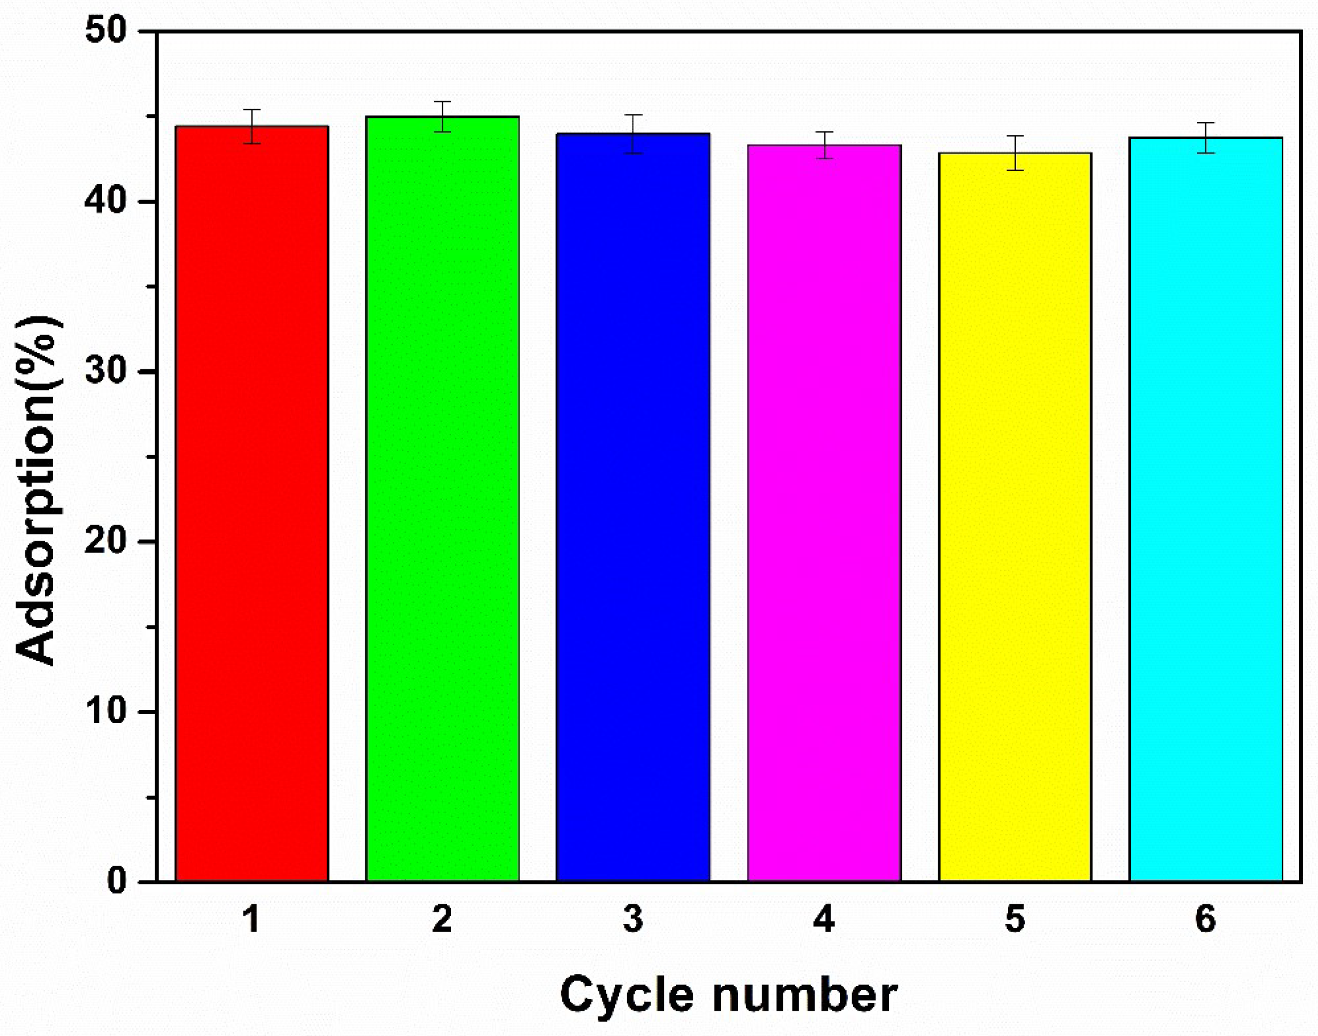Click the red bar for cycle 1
tap(252, 503)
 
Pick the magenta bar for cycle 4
tap(824, 513)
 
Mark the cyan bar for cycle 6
tap(1205, 510)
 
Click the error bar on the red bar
tap(252, 126)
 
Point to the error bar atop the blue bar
tap(633, 133)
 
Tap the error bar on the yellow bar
tap(1015, 153)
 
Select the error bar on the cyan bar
tap(1205, 137)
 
